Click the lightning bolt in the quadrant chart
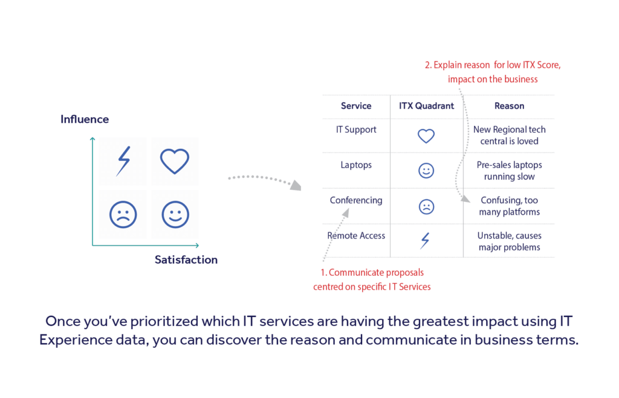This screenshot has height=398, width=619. tap(123, 161)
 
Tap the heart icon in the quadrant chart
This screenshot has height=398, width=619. tap(175, 161)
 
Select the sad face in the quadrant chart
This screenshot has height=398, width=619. tap(123, 214)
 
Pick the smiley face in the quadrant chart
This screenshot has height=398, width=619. tap(175, 214)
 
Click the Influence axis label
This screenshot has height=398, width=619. tap(85, 119)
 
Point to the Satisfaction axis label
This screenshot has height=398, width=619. tap(186, 259)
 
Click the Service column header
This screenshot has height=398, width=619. tap(356, 106)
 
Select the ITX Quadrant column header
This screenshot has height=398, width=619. tap(426, 106)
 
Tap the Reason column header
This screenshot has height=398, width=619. tap(509, 106)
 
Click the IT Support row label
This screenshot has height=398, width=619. tap(356, 129)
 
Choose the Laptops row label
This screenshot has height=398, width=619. tap(356, 165)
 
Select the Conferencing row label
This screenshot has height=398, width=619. tap(356, 200)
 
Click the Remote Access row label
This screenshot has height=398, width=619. tap(356, 235)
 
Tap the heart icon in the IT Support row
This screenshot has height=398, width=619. tap(426, 136)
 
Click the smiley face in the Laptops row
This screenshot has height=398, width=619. tap(426, 171)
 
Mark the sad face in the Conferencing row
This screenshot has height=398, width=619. tap(426, 207)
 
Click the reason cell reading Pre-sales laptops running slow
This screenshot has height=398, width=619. tap(509, 171)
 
